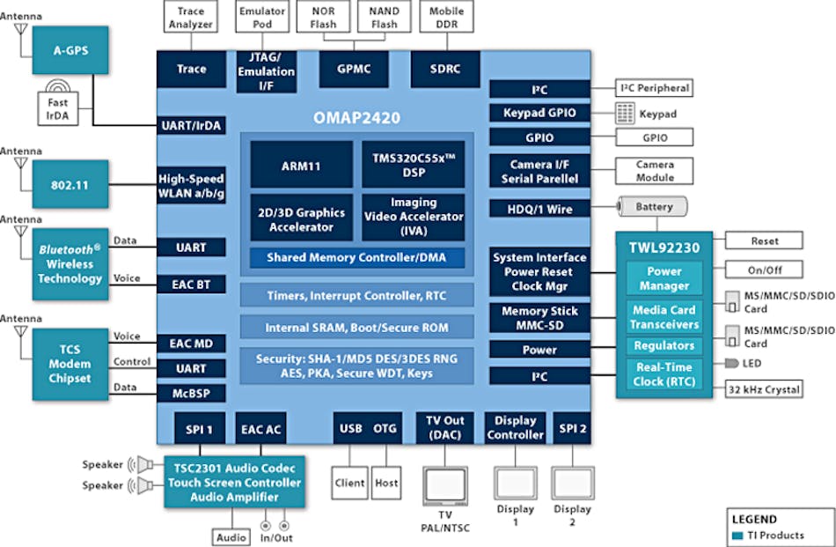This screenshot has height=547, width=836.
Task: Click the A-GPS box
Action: pos(70,49)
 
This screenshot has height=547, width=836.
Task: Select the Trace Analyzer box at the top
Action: pos(191,18)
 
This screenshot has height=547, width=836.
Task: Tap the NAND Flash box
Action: pos(384,18)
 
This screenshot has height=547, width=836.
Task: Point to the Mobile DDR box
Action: pos(446,18)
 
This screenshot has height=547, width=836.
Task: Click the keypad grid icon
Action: pos(625,113)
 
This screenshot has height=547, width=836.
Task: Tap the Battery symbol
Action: pos(652,207)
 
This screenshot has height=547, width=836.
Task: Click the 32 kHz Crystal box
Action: pos(764,389)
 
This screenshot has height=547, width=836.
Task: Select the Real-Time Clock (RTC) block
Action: pos(664,374)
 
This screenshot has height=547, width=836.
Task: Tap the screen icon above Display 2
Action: pos(573,483)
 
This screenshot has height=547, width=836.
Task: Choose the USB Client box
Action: pos(349,483)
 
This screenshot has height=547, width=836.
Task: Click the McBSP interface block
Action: pos(191,394)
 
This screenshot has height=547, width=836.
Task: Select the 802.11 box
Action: pos(70,185)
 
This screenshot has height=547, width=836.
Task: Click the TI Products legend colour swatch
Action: pos(737,536)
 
